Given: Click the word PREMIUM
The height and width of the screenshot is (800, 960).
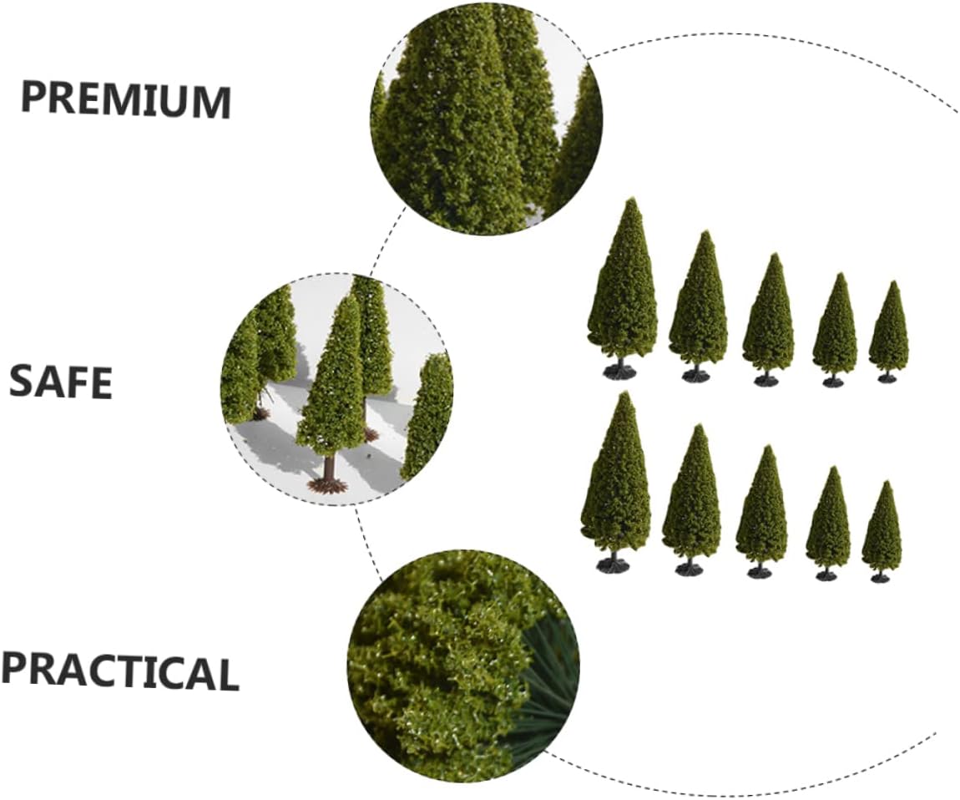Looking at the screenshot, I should [x=125, y=99].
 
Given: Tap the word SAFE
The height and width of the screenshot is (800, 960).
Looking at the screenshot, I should [x=61, y=382].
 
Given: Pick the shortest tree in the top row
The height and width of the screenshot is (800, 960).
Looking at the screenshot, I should [x=888, y=330].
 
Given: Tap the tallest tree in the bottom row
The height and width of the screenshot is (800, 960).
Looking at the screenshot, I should [x=615, y=476].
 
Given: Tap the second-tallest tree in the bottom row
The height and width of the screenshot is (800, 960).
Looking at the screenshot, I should [x=691, y=497].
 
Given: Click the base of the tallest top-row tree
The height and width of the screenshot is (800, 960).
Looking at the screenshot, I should [x=619, y=370].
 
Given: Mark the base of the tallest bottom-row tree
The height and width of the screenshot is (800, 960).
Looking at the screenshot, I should [x=613, y=565].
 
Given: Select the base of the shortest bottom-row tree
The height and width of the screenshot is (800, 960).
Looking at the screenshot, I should [x=880, y=577].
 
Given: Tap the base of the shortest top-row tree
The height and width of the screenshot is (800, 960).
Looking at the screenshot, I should [x=887, y=378].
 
